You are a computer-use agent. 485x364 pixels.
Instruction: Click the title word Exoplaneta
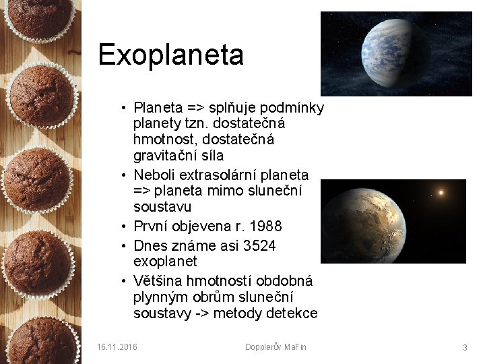point(170,55)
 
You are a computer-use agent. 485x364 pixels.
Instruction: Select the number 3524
point(256,245)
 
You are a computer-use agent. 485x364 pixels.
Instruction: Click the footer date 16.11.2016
point(117,347)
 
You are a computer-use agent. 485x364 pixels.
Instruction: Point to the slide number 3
point(465,347)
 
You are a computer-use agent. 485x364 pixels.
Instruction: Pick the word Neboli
point(154,175)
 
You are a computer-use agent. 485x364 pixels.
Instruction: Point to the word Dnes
point(150,245)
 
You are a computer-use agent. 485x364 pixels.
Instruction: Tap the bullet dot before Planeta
point(125,108)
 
